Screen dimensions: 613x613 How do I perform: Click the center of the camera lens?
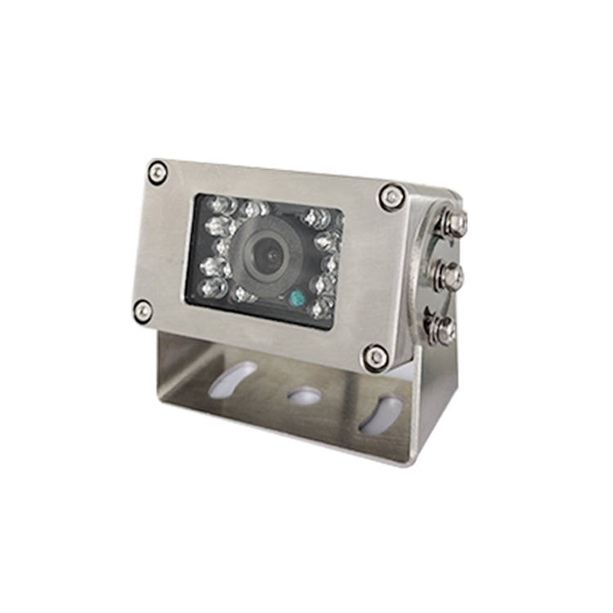269,254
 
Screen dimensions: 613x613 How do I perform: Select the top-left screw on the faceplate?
157,172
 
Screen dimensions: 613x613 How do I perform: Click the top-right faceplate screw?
392,196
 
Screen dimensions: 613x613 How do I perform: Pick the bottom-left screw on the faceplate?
143,310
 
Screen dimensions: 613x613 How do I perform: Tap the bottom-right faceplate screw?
376,356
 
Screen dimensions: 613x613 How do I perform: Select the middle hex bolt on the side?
451,276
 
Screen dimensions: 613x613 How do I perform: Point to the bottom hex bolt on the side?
445,329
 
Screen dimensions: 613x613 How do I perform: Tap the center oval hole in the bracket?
304,396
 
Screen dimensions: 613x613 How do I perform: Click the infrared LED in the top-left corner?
217,204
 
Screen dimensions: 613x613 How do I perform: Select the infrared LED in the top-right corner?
317,217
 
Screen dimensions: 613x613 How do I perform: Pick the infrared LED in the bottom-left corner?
212,286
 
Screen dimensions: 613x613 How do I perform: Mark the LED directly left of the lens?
222,245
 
